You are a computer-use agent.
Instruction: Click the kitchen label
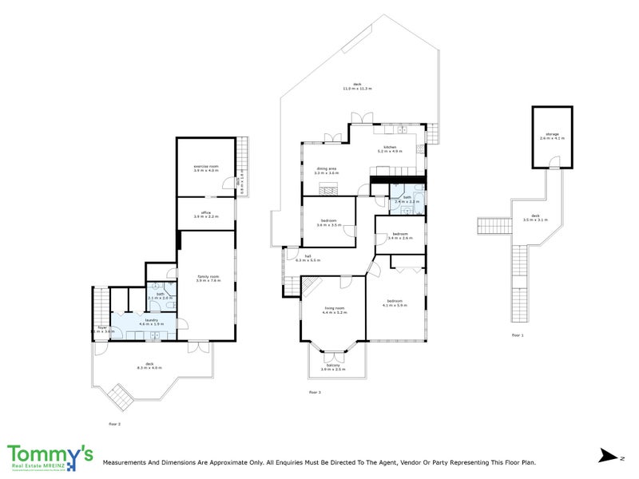[390, 148]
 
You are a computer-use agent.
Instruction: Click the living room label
[334, 309]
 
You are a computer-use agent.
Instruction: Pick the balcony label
[333, 366]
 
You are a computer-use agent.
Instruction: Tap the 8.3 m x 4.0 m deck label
[149, 365]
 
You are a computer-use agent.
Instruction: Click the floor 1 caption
[518, 336]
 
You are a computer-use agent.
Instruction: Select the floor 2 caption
[114, 423]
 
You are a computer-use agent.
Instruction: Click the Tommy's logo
[50, 455]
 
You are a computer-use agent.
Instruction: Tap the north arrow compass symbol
[609, 456]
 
